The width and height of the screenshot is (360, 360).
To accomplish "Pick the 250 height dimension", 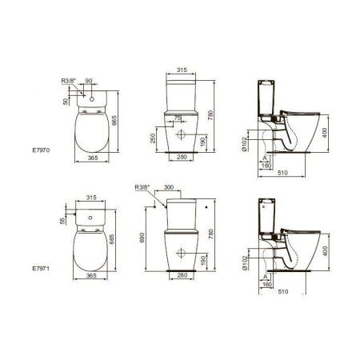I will pyautogui.click(x=153, y=138).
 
